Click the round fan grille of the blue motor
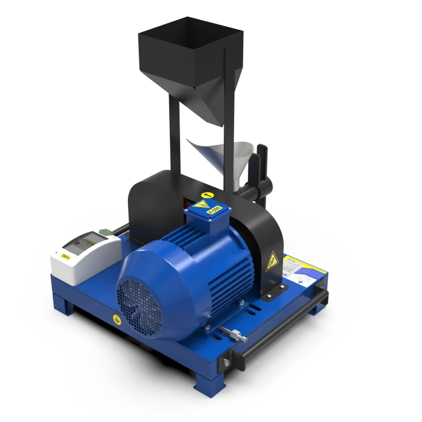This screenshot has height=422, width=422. point(141,296)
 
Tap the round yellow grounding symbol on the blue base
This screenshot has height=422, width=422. point(113,318)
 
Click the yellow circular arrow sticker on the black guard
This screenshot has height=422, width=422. point(208,195)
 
